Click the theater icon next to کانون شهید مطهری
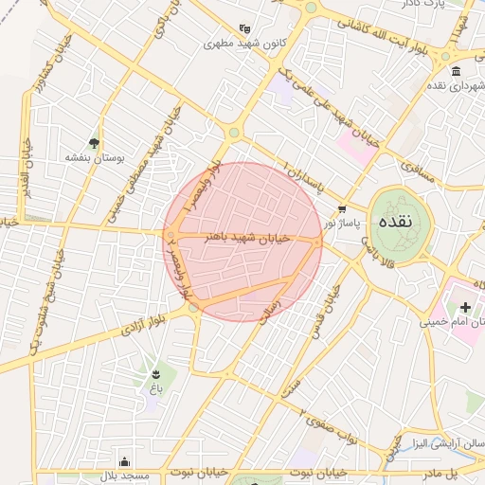coord(245,28)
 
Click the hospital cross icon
coord(465,307)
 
